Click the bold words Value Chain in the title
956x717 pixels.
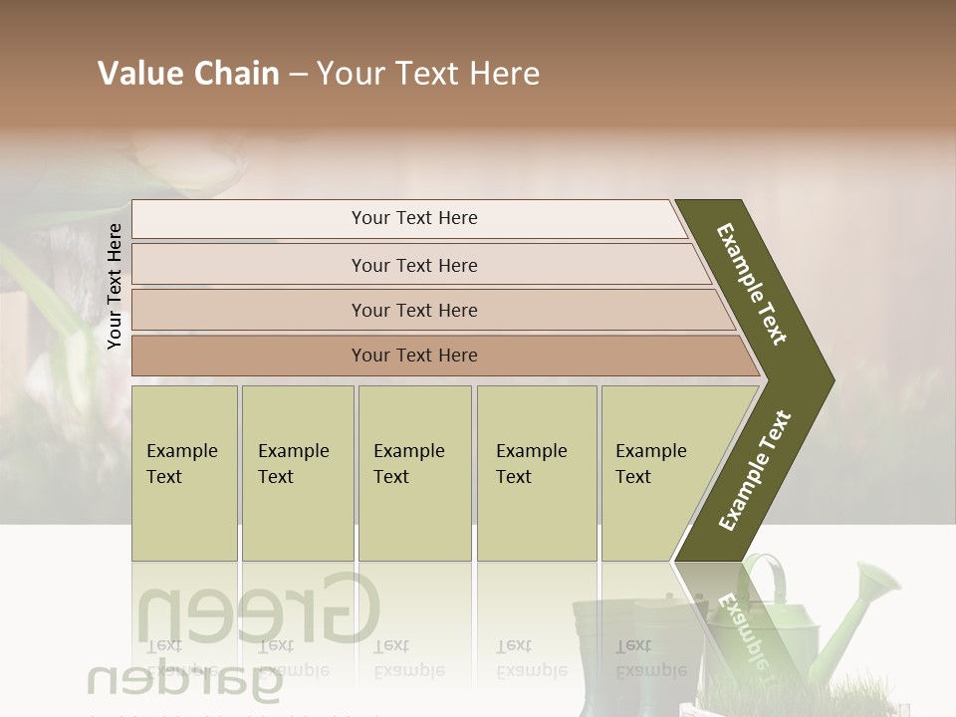188,74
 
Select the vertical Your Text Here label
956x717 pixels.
116,286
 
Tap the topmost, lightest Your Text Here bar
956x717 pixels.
408,219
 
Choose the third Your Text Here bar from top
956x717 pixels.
428,310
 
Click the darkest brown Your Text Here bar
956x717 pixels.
438,356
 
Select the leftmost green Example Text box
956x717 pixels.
184,473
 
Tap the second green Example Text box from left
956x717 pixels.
297,473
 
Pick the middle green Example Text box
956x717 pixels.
414,473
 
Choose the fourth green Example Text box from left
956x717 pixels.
536,473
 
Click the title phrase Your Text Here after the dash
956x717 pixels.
428,74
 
